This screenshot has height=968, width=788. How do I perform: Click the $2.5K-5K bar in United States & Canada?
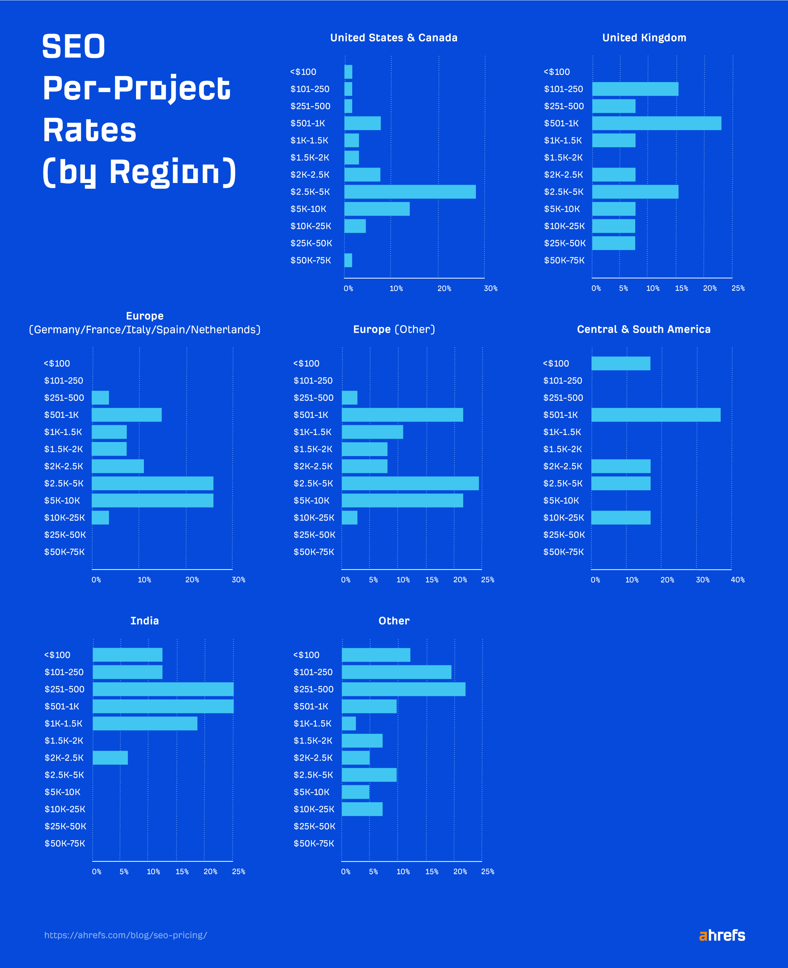tap(410, 192)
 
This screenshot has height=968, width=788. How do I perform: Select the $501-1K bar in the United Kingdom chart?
tap(656, 123)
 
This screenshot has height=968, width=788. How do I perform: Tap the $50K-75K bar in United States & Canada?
tap(348, 260)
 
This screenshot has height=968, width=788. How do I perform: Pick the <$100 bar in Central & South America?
tap(620, 363)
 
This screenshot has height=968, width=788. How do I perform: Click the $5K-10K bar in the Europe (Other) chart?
tap(402, 500)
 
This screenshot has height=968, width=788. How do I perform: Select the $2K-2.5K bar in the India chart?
tap(110, 757)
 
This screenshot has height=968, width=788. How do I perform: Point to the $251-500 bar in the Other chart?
tap(404, 689)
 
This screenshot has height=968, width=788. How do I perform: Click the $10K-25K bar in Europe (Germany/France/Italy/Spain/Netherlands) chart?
tap(100, 518)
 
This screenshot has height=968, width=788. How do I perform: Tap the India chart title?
tap(144, 621)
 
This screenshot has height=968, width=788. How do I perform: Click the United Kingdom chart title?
tap(644, 38)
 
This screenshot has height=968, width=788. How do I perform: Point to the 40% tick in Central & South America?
tap(737, 580)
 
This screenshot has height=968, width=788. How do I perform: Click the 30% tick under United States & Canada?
tap(490, 288)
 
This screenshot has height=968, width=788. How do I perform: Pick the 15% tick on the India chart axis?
tap(182, 871)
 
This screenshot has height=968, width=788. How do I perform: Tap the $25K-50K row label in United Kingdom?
tap(565, 243)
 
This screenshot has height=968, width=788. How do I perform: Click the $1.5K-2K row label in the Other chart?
tap(313, 740)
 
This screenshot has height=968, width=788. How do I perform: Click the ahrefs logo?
tap(722, 935)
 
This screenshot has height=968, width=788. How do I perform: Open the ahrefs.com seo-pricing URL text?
tap(125, 935)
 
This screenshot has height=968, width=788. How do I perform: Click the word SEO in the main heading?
tap(74, 46)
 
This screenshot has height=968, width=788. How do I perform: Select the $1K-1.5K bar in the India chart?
tap(145, 723)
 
